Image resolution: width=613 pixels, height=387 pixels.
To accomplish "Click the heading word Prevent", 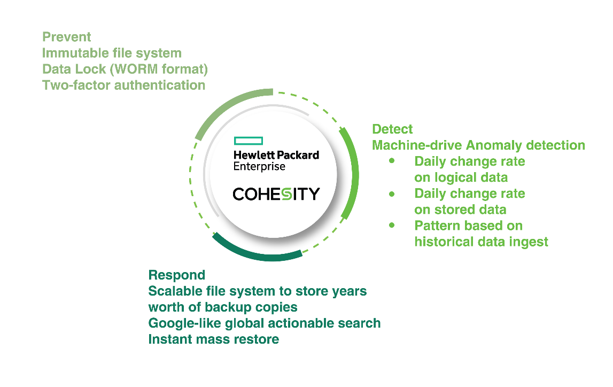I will [x=67, y=37].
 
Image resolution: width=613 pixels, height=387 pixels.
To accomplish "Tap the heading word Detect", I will [x=392, y=129].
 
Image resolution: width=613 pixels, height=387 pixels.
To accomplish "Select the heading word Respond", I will [x=176, y=275].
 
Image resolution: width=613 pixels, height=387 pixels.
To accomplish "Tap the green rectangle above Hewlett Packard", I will [x=249, y=141].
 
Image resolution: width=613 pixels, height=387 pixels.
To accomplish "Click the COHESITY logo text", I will [x=276, y=193].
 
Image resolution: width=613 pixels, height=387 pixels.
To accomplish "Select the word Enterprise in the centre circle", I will [x=259, y=166].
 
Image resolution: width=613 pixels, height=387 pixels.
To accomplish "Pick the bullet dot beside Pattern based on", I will [x=393, y=226].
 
